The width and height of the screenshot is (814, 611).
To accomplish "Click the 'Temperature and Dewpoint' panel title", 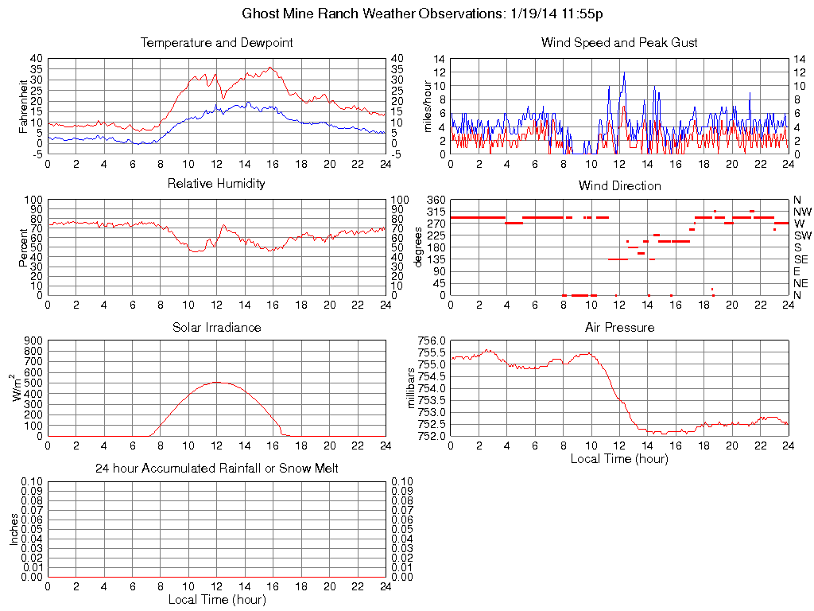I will pos(216,42).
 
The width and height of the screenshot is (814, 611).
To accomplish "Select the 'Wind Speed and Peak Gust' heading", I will pos(619,42).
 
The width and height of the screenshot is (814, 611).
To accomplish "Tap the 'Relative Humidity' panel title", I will pos(216,184).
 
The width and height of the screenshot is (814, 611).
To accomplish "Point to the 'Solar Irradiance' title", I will pos(216,327).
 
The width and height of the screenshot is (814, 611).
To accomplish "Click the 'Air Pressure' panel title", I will pos(619,327).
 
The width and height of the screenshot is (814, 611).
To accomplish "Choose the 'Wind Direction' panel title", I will pos(619,185).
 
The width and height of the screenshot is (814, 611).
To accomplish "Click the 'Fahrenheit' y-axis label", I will pos(23,105).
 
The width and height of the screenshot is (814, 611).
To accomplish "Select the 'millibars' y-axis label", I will pos(412,388).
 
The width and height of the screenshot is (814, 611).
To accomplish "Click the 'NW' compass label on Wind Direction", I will pos(802,212).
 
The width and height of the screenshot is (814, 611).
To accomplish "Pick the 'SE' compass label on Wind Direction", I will pos(801,259).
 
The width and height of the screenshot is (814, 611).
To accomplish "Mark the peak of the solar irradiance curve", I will pos(216,382).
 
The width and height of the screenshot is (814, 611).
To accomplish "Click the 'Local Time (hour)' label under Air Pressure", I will pos(619,458).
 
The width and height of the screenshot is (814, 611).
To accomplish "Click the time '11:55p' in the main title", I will pos(588,14).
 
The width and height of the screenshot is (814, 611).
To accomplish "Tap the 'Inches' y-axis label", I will pos(14,529).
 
